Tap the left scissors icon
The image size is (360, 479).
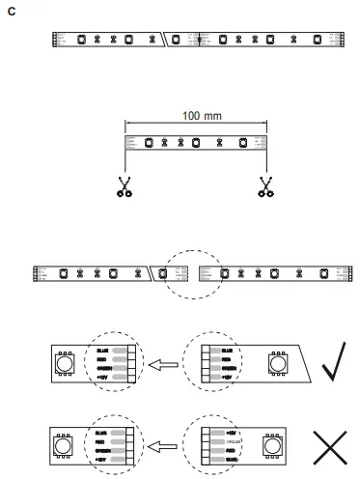124,186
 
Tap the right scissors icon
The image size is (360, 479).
264,186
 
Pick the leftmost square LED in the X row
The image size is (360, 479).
66,447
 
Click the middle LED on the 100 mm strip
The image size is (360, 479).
196,143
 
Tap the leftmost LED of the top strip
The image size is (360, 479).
81,40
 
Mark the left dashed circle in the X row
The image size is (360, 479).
108,447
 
